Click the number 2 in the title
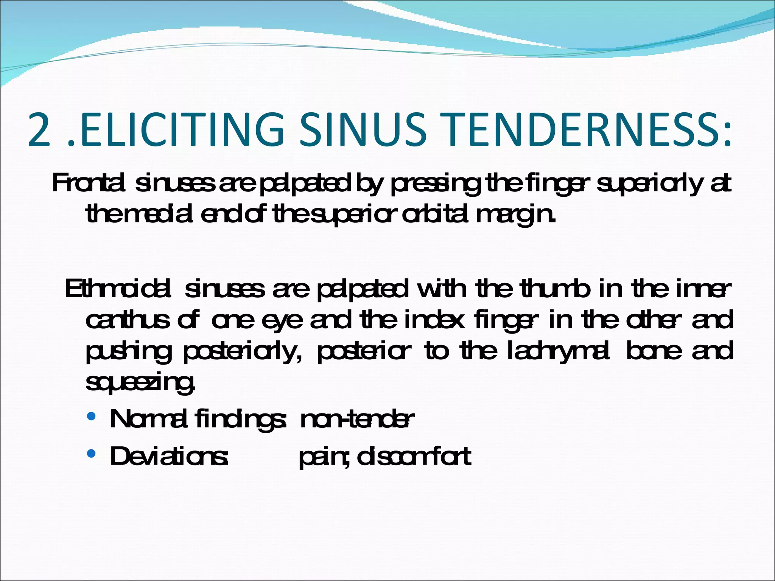[x=39, y=130]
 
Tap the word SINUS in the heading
[x=363, y=130]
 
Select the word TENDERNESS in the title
[x=578, y=130]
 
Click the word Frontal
[x=89, y=184]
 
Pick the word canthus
[x=128, y=320]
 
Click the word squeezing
[x=140, y=383]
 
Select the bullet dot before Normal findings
[x=91, y=417]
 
